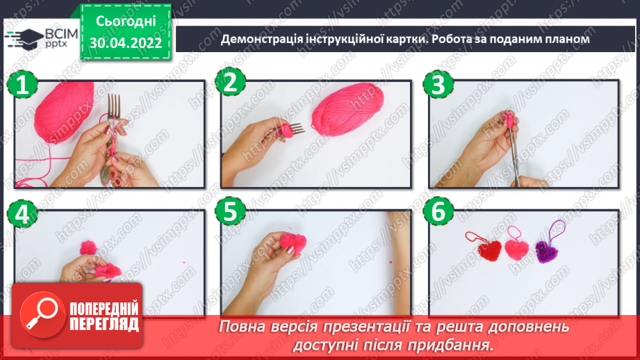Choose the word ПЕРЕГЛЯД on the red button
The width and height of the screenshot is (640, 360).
[x=104, y=324]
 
